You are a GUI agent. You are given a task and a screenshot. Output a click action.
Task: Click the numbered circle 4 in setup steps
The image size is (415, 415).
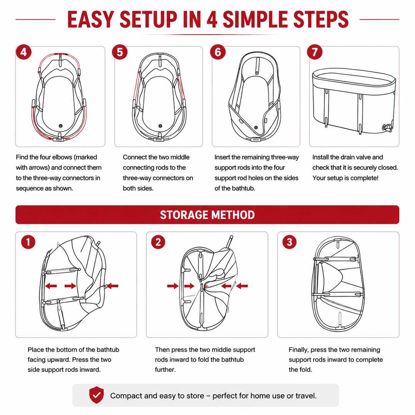[x=23, y=52]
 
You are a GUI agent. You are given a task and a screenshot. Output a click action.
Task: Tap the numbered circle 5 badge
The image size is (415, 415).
[x=120, y=52]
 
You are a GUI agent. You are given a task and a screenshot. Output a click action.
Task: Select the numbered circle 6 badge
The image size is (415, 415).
[x=217, y=52]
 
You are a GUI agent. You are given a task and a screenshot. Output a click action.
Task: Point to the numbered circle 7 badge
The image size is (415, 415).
[x=315, y=52]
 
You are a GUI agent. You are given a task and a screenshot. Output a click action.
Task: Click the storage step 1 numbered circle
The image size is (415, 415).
[x=28, y=242]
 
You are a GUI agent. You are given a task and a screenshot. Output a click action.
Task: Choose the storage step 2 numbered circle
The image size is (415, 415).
[x=158, y=242]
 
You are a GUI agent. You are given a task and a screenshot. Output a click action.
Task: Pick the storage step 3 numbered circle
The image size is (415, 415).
[x=290, y=242]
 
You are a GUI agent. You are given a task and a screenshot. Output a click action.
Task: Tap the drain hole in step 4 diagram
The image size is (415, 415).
[x=61, y=126]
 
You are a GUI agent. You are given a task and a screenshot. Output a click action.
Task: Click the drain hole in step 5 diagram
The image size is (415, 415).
[x=160, y=126]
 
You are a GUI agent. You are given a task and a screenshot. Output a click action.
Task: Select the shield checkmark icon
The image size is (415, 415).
[x=96, y=395]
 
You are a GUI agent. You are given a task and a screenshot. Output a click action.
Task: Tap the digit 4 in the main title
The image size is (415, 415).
[x=212, y=19]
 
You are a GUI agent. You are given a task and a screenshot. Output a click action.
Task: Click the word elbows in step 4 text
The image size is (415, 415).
[x=61, y=157]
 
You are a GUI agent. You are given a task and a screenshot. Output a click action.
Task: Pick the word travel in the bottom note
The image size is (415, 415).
[x=306, y=396]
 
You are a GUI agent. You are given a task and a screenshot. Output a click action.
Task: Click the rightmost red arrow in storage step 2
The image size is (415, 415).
[x=242, y=286]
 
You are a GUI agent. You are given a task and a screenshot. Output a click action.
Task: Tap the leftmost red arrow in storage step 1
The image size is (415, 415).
[x=51, y=286]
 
